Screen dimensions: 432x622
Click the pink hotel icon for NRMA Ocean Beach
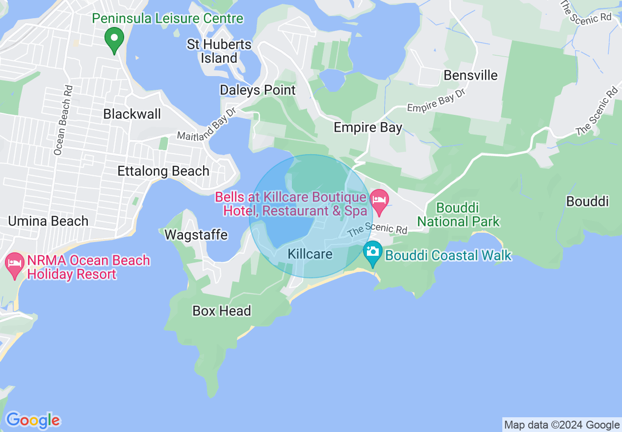(15, 264)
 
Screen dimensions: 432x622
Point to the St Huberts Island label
(219, 51)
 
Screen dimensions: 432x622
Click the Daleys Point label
(258, 90)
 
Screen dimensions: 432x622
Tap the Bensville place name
(470, 75)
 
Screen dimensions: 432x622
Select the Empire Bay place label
(368, 128)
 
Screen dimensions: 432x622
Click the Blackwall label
(132, 114)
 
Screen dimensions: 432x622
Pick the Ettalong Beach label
(163, 171)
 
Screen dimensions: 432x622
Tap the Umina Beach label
(48, 221)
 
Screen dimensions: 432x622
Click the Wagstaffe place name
(196, 235)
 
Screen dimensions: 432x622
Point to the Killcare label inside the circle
(310, 254)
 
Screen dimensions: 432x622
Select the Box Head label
(222, 311)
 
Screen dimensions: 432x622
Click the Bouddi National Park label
(458, 215)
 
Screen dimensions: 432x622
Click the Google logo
(33, 420)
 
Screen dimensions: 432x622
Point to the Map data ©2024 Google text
(562, 425)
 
